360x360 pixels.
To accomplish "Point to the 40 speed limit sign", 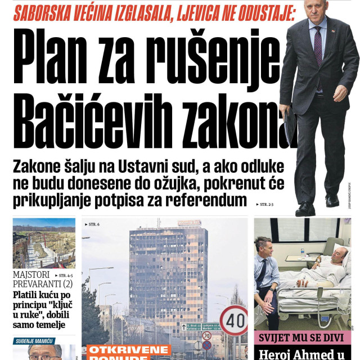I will (x=233, y=321).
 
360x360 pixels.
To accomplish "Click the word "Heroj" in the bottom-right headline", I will (x=275, y=354).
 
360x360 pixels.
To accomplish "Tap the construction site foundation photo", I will (x=44, y=243).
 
